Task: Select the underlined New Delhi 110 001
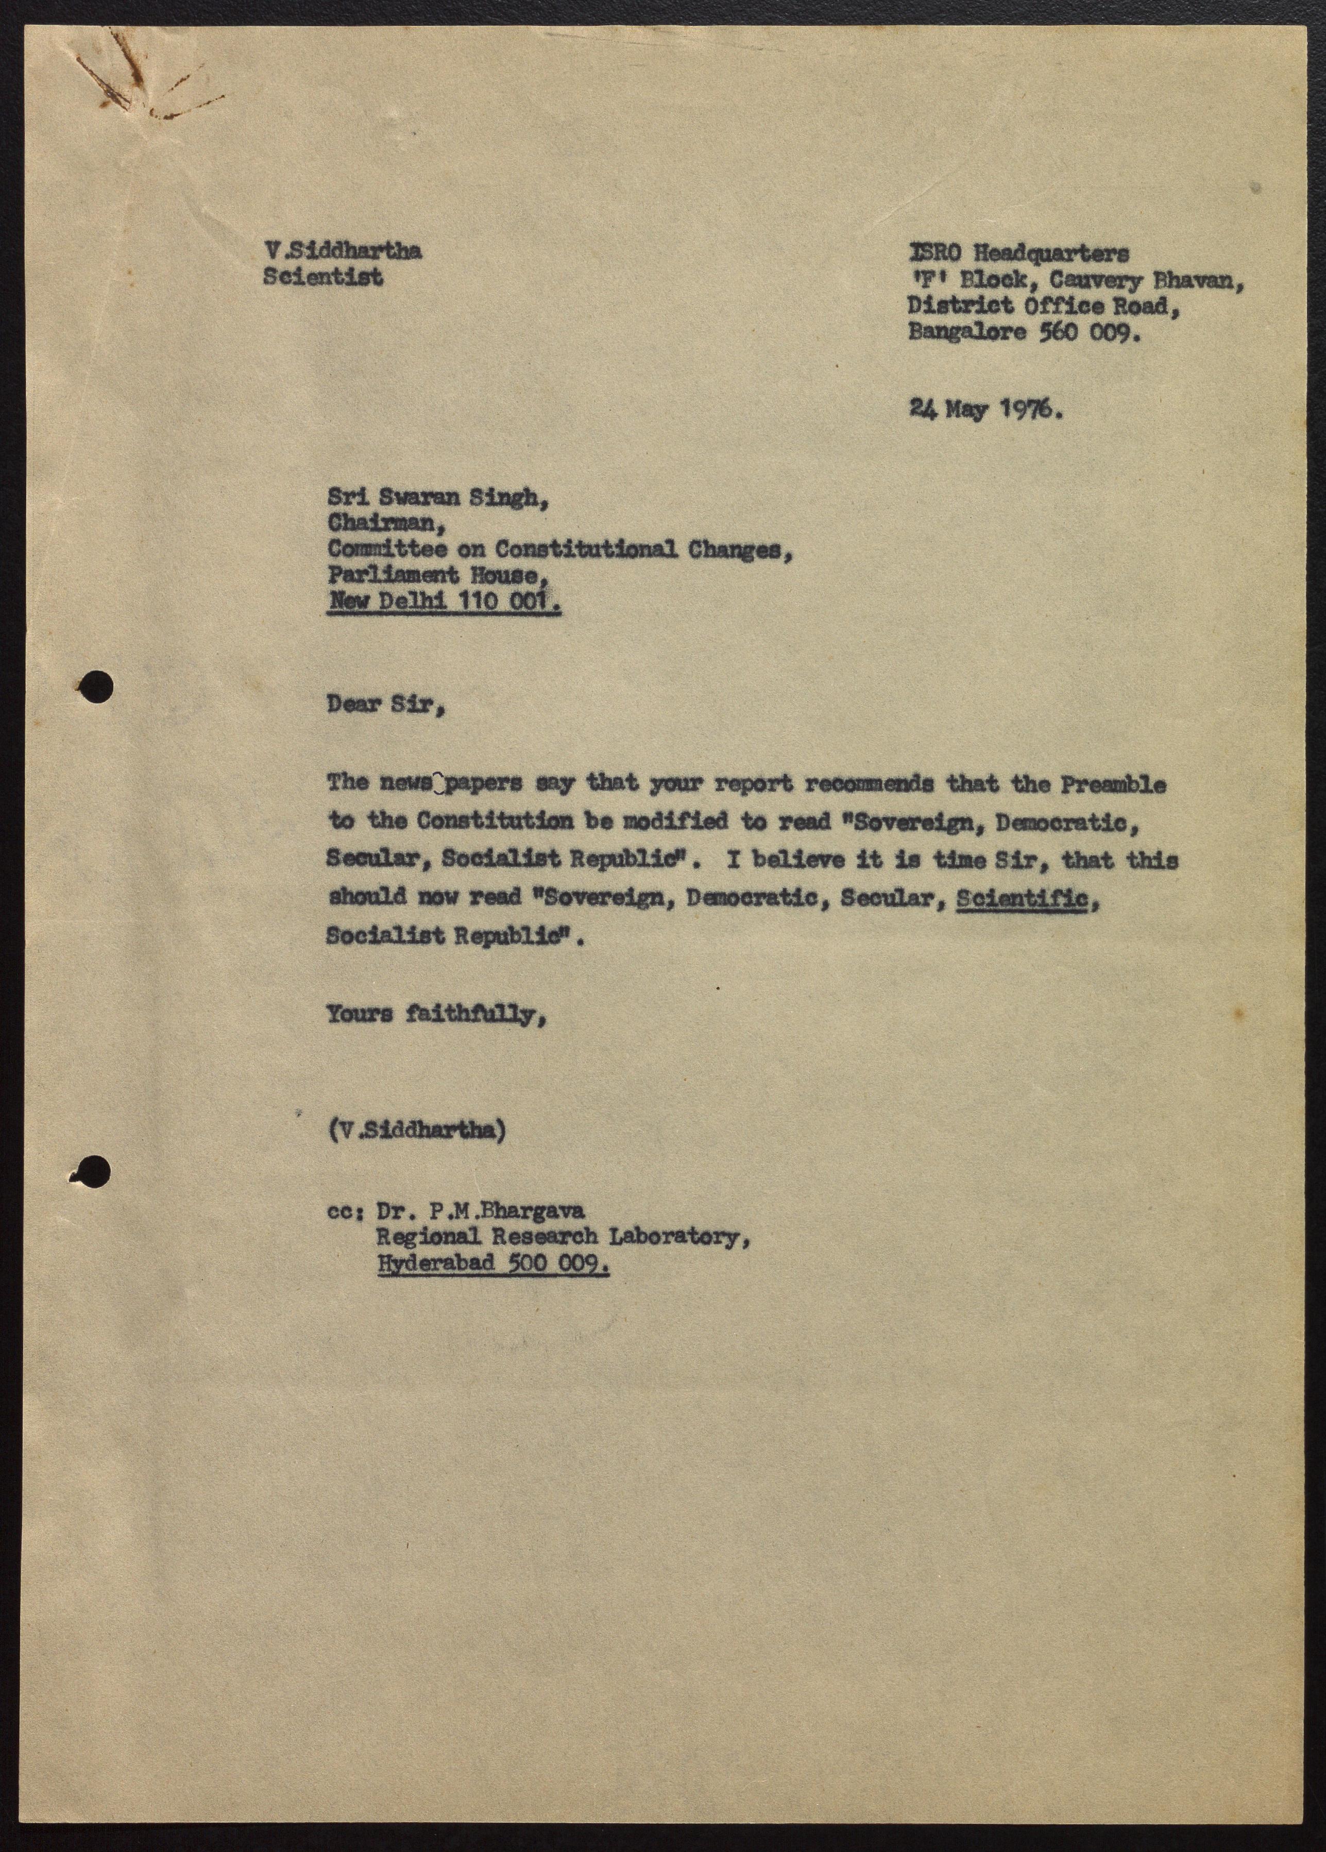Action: (444, 603)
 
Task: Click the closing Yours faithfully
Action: (436, 1015)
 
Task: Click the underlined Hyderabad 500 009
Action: (492, 1263)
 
